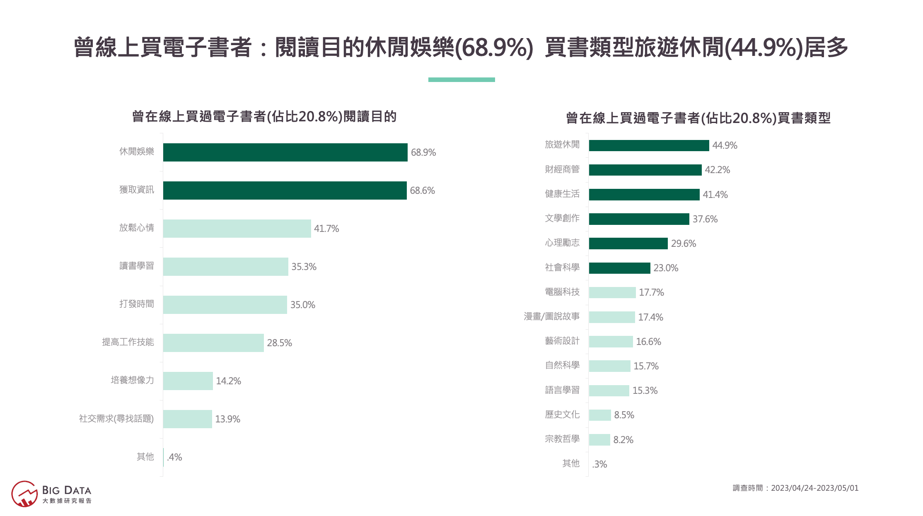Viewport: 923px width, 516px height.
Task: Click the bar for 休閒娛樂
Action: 285,152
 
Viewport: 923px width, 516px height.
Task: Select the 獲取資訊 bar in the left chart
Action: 285,190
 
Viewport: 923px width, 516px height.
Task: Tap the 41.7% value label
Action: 326,229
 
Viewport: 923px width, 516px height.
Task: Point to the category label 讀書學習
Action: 137,266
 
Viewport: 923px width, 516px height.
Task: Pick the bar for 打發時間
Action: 225,305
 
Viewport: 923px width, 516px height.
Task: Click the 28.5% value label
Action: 279,343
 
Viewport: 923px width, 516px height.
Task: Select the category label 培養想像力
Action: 132,380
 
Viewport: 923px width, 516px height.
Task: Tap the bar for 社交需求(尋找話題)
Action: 187,419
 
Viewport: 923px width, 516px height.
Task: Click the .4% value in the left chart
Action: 174,457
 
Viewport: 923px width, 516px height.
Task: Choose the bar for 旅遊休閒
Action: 649,145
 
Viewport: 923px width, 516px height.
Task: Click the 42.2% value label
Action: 717,170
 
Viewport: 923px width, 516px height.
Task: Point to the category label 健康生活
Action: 562,194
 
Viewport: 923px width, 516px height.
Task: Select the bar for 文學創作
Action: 639,219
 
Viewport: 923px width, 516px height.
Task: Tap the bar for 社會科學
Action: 619,268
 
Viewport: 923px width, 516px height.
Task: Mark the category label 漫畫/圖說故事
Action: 551,316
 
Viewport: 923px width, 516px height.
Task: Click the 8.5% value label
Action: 624,415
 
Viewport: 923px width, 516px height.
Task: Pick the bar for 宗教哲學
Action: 599,440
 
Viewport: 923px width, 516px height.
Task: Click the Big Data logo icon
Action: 24,494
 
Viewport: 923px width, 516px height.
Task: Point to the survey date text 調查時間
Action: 795,488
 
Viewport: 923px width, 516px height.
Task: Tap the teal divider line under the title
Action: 461,80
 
